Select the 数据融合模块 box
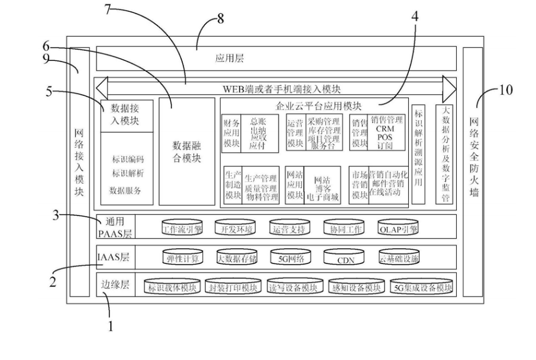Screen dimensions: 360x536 pyautogui.click(x=186, y=152)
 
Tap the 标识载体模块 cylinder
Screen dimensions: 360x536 pyautogui.click(x=172, y=288)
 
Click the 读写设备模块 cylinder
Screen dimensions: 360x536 pyautogui.click(x=294, y=288)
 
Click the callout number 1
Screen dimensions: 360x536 pyautogui.click(x=111, y=325)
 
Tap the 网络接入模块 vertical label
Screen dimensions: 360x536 pyautogui.click(x=79, y=160)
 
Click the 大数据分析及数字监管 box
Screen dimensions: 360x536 pyautogui.click(x=444, y=155)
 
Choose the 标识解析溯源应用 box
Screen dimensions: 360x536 pyautogui.click(x=418, y=155)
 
